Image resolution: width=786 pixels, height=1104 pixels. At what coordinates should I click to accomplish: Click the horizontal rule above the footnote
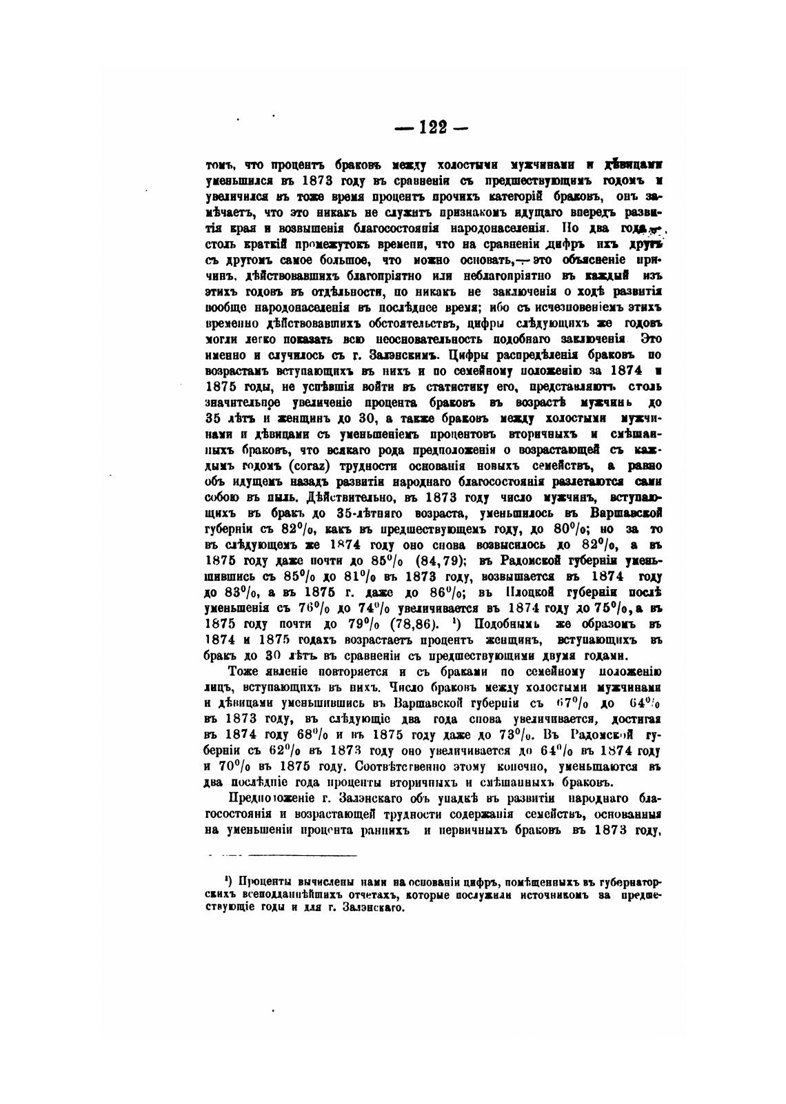coord(301,855)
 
